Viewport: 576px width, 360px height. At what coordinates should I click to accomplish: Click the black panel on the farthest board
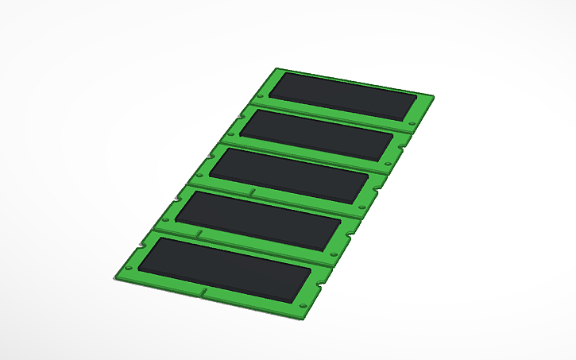[x=342, y=96]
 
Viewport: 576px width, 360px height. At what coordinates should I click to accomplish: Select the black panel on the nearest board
[x=225, y=269]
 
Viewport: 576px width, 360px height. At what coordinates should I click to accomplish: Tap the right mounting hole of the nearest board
[x=304, y=305]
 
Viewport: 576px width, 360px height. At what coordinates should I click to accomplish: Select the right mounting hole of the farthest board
[x=410, y=123]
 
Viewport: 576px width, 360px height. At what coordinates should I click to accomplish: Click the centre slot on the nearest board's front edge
[x=204, y=293]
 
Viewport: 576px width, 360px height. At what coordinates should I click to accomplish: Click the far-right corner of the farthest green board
[x=434, y=97]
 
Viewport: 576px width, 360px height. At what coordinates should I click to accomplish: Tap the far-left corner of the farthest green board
[x=275, y=68]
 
